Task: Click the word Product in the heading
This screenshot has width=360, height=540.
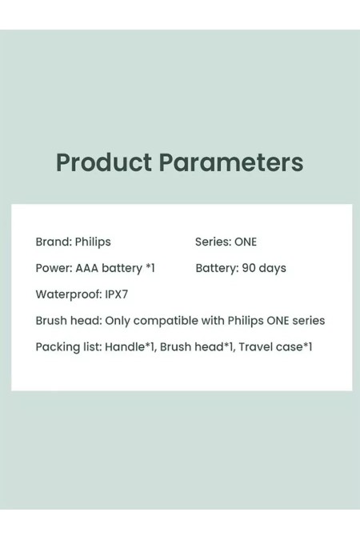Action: click(103, 162)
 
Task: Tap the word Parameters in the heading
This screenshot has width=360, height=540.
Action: click(230, 162)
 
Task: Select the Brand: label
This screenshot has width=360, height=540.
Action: click(53, 242)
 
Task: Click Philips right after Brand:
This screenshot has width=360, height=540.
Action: click(93, 242)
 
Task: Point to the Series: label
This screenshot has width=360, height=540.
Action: click(213, 242)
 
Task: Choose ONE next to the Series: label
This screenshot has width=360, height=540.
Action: click(246, 242)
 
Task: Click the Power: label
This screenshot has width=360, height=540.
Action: click(54, 268)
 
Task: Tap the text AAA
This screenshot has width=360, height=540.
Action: click(86, 268)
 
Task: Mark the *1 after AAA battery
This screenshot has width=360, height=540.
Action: click(150, 268)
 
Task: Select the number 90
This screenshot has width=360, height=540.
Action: click(249, 268)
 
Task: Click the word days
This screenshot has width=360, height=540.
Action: click(273, 268)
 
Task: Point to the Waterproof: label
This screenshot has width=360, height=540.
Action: click(68, 294)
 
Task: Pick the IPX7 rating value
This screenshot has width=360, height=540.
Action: click(117, 294)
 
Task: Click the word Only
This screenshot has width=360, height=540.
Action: click(118, 321)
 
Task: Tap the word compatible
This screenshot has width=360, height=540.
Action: click(166, 321)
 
